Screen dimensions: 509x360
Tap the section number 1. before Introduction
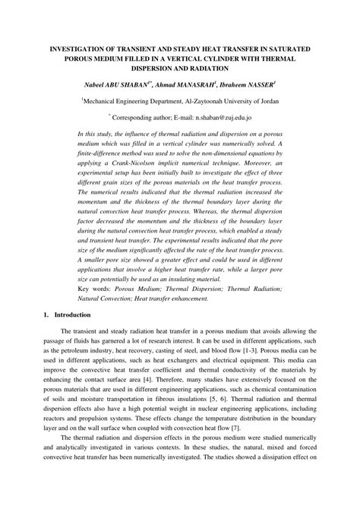point(47,315)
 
